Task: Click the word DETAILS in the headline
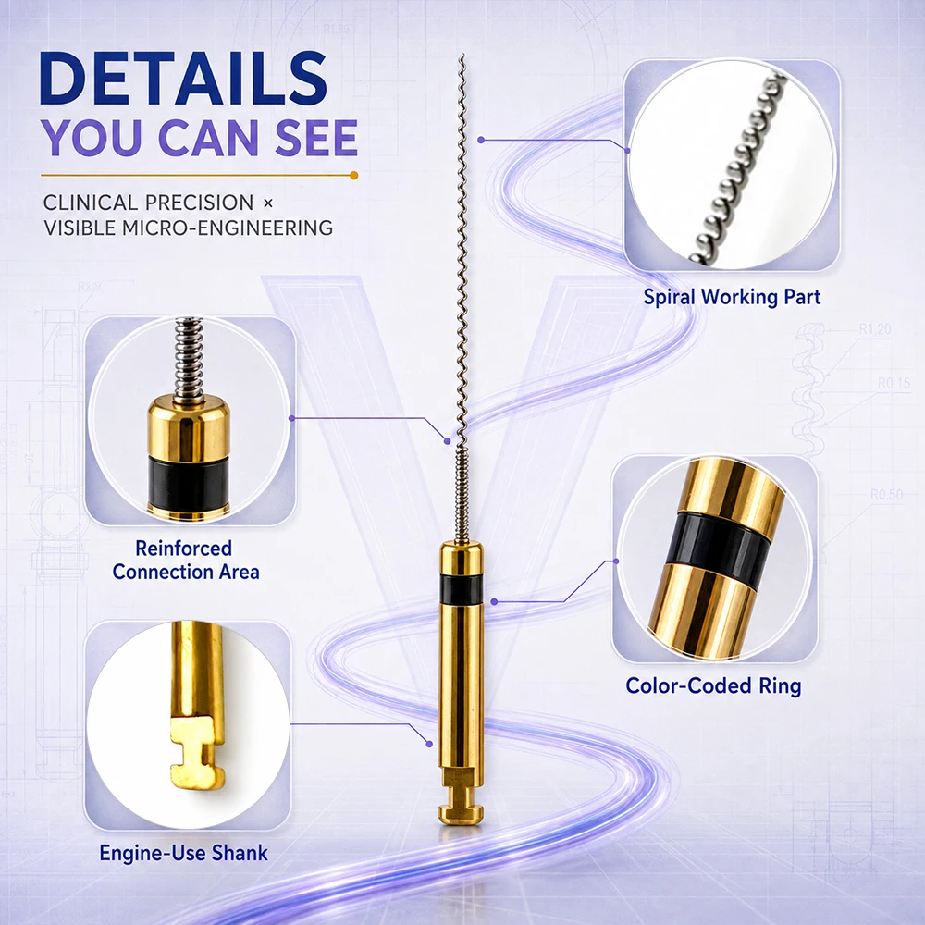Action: click(183, 79)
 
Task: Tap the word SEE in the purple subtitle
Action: click(316, 138)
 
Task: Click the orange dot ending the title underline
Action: click(354, 175)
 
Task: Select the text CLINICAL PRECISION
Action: click(148, 203)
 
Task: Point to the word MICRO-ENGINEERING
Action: click(228, 228)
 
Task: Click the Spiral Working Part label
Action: click(732, 297)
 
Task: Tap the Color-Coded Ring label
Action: click(713, 685)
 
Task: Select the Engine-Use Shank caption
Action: click(183, 853)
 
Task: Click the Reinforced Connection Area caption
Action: click(186, 560)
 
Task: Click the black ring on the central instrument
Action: click(462, 588)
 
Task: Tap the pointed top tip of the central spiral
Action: click(462, 55)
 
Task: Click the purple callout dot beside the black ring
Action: click(494, 602)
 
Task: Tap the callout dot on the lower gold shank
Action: click(429, 745)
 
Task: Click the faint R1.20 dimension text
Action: click(875, 329)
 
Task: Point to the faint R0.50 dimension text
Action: click(887, 494)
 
